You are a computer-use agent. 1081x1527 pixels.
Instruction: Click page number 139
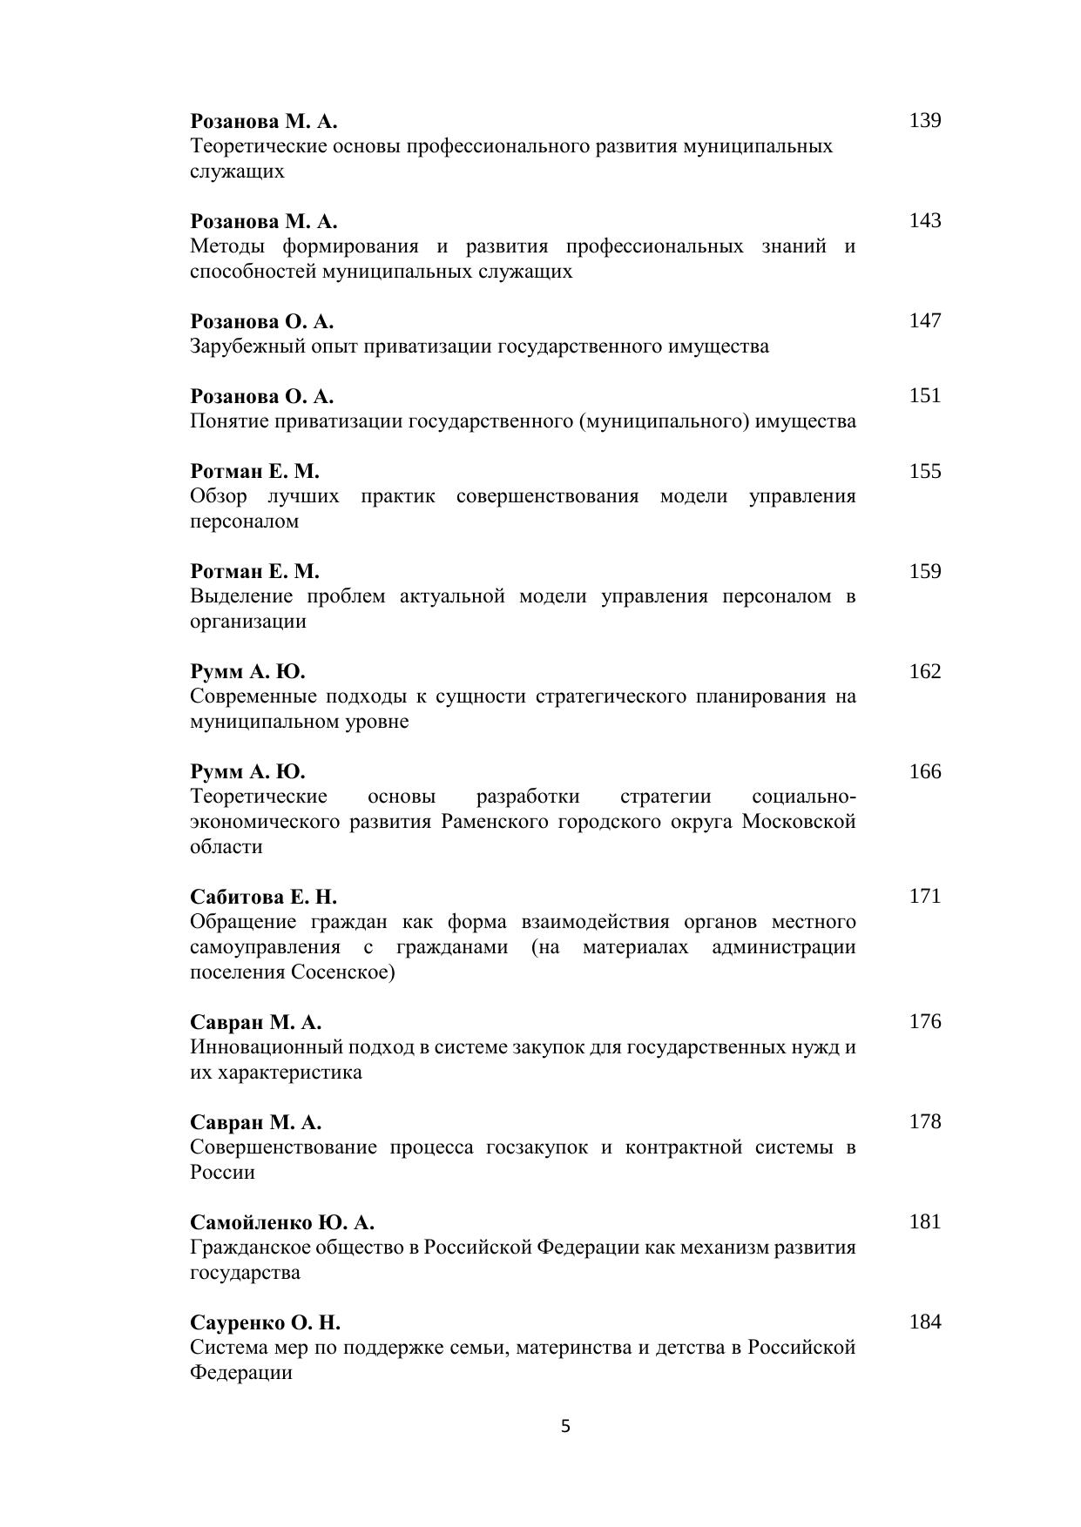click(x=924, y=120)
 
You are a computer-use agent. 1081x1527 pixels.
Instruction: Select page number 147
click(x=924, y=320)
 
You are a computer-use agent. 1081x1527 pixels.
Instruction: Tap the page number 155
click(x=924, y=471)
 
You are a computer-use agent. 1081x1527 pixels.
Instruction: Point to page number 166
click(x=924, y=771)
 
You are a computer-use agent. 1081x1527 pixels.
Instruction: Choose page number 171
click(x=924, y=896)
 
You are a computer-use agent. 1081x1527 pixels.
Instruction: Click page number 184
click(x=924, y=1322)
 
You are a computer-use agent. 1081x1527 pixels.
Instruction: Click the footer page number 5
click(x=565, y=1426)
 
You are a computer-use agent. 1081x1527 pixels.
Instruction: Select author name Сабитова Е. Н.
click(x=263, y=897)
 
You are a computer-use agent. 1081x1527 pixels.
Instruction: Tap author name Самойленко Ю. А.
click(x=282, y=1222)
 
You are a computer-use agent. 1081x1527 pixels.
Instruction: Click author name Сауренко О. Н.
click(x=265, y=1322)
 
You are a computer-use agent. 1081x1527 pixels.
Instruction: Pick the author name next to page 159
click(x=254, y=571)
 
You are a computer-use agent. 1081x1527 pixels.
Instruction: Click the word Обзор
click(x=218, y=496)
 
